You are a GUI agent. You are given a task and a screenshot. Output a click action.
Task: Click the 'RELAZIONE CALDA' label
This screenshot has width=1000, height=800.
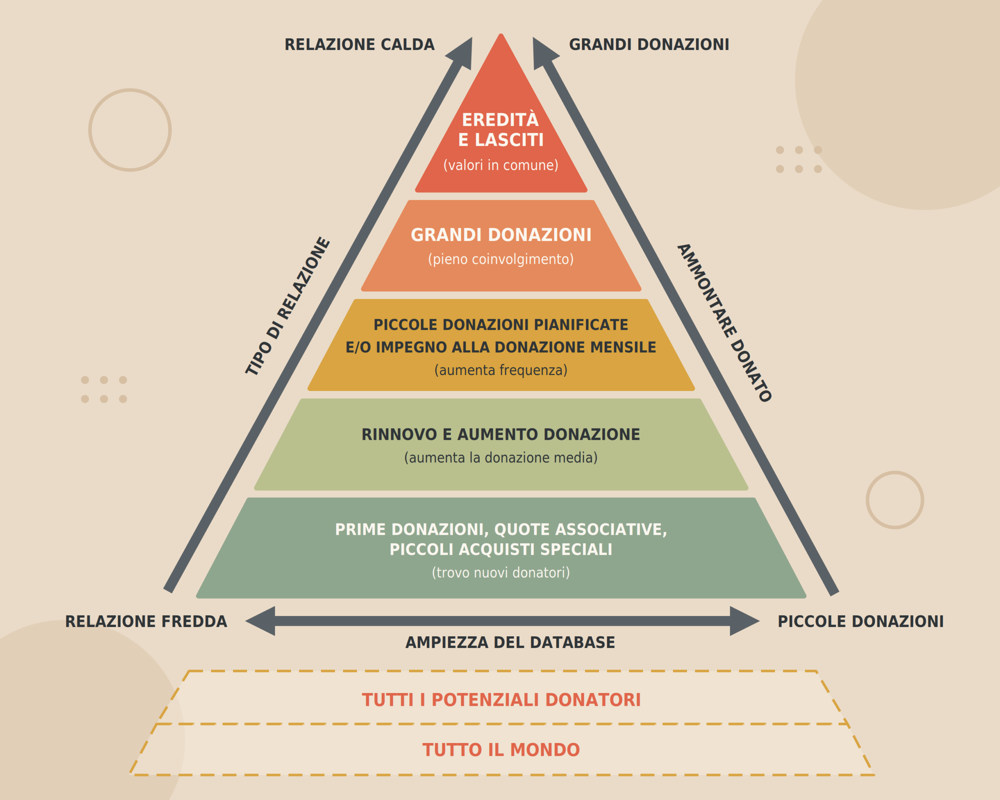tap(359, 45)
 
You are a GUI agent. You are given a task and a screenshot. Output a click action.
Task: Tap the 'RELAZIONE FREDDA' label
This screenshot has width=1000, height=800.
tap(146, 621)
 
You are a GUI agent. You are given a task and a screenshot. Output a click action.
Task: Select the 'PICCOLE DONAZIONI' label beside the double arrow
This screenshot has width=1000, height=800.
tap(861, 621)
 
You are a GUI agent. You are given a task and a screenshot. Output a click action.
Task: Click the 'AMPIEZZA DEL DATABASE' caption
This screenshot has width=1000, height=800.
tap(510, 642)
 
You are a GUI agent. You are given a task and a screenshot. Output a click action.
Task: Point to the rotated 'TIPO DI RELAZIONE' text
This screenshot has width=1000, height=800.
tap(287, 306)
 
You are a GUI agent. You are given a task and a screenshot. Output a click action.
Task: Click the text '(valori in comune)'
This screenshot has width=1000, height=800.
tap(501, 165)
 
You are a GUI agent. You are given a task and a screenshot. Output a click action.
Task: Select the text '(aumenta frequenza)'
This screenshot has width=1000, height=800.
tap(501, 370)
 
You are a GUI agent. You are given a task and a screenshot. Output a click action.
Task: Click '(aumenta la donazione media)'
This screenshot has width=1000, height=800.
tap(501, 458)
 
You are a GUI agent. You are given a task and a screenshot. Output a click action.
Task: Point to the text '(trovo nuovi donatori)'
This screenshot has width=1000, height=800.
tap(501, 573)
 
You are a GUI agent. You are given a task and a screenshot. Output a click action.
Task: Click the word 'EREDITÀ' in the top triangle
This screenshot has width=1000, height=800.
tap(500, 120)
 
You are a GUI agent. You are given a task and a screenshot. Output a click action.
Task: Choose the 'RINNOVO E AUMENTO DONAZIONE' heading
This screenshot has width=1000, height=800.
tap(501, 434)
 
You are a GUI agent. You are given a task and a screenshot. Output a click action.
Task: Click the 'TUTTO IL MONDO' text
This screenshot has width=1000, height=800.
tap(501, 750)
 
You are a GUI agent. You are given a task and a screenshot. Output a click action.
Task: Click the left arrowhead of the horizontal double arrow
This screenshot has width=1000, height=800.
tap(260, 621)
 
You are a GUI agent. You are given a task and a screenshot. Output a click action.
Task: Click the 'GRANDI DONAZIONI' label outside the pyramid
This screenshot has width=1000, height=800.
tap(649, 45)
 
